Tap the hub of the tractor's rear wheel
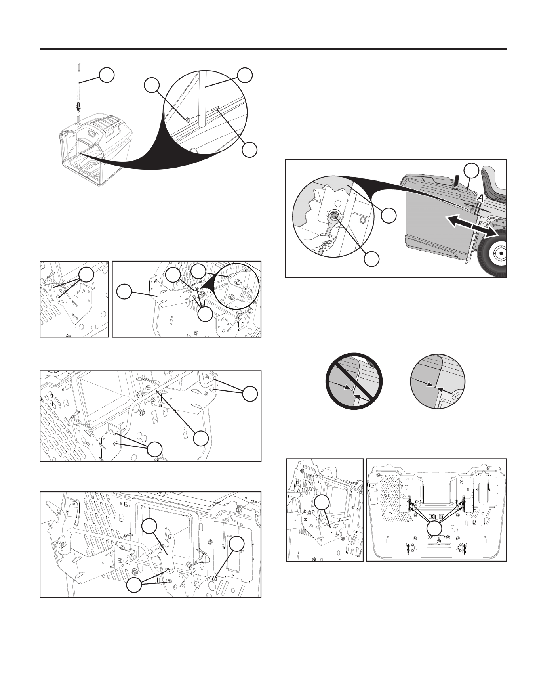[x=501, y=252]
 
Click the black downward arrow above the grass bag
[x=78, y=107]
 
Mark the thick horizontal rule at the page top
[x=273, y=49]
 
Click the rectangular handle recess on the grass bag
[x=94, y=133]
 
